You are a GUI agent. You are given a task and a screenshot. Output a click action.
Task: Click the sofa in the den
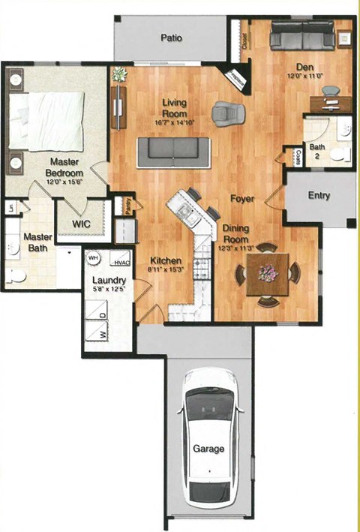[x=302, y=35]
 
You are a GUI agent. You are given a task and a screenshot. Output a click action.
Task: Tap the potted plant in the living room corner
[x=118, y=74]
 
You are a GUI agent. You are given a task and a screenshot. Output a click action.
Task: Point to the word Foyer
[x=242, y=200]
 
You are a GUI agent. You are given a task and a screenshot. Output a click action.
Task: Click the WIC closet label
[x=82, y=224]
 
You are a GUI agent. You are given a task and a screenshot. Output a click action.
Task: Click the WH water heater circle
[x=94, y=257]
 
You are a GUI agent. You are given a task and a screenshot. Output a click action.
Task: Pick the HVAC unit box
[x=120, y=263]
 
